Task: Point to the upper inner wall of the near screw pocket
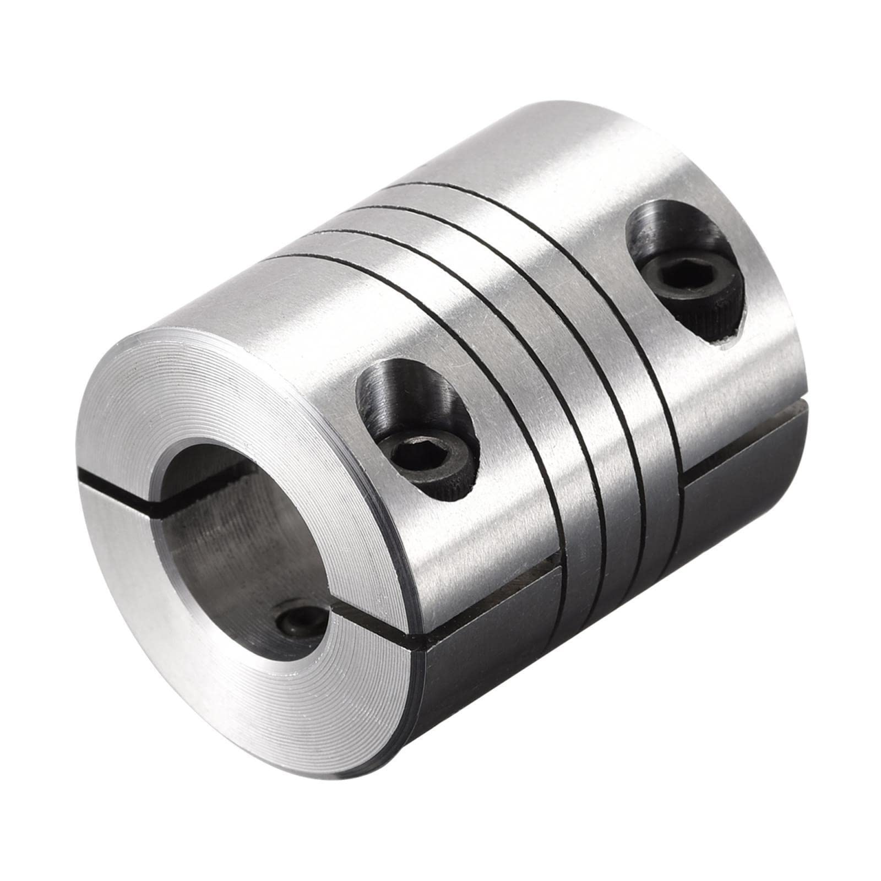point(402,385)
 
